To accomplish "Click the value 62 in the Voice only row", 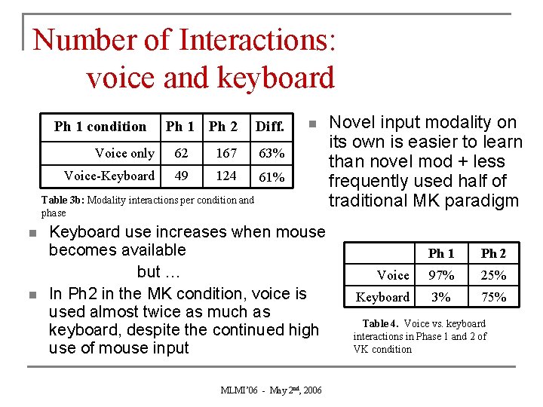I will tap(181, 154).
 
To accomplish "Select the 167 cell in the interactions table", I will tap(225, 154).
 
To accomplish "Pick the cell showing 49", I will tap(181, 176).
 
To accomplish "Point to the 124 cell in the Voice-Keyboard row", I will tap(225, 176).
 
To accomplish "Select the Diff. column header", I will tap(269, 127).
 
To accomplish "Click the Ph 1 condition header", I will tap(100, 127).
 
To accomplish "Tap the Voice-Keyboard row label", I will tap(109, 176).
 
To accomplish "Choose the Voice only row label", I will tap(124, 154).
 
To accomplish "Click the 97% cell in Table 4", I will tap(441, 276).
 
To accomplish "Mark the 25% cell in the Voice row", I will tap(494, 276).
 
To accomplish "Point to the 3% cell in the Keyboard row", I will tap(441, 298).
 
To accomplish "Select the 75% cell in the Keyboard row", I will tap(494, 298).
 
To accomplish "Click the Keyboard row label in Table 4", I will tap(383, 298).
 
